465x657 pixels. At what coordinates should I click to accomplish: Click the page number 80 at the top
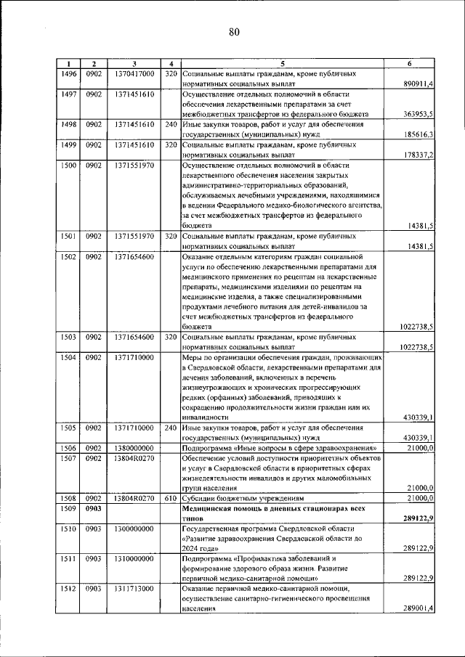(233, 31)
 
